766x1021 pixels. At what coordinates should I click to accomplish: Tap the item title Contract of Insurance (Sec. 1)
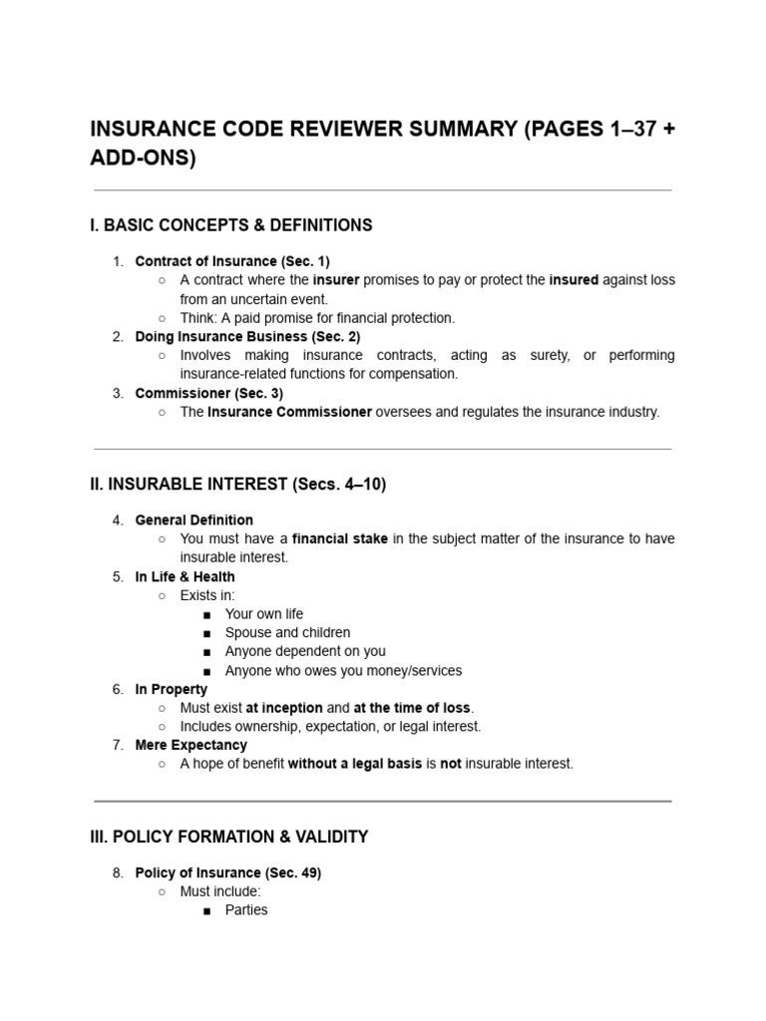tap(232, 261)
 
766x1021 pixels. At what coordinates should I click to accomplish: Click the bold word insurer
tap(336, 280)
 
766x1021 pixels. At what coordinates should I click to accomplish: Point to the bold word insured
tap(574, 280)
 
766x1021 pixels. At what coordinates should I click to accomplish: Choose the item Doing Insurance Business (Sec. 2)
tap(247, 337)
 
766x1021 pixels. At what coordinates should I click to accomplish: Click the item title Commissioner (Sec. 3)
tap(209, 393)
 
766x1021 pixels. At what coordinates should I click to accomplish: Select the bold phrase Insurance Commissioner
tap(289, 412)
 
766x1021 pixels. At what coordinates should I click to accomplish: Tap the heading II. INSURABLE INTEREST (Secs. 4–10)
tap(238, 485)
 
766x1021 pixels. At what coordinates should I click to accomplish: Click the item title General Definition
tap(194, 519)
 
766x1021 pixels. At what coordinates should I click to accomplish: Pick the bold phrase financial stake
tap(338, 538)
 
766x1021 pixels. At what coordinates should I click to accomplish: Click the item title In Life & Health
tap(186, 576)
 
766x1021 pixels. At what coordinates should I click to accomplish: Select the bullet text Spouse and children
tap(288, 632)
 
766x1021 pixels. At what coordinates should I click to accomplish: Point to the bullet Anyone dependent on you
tap(305, 651)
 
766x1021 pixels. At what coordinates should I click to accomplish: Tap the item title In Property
tap(172, 689)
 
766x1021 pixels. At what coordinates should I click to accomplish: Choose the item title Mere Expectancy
tap(191, 745)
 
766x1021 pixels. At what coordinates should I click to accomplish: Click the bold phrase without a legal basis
tap(354, 764)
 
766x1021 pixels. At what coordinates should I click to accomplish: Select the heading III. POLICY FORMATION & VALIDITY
tap(229, 837)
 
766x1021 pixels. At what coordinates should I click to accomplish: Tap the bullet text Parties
tap(246, 909)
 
